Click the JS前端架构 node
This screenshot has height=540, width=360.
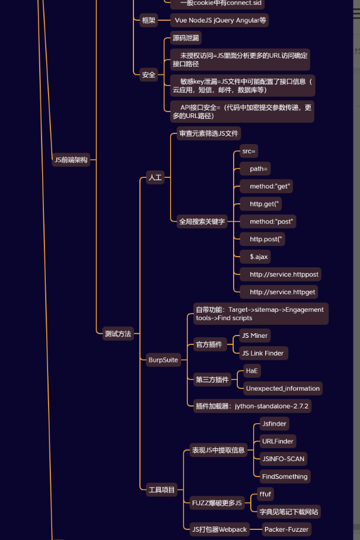pos(71,159)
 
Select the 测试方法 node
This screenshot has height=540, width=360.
pos(117,334)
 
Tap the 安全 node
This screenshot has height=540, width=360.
pos(148,75)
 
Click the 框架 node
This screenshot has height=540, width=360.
pos(148,20)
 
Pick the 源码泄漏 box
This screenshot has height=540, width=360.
pos(186,39)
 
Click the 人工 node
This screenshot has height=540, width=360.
pos(154,177)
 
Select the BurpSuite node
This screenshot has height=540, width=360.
pos(163,360)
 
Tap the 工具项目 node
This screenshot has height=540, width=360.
pos(161,490)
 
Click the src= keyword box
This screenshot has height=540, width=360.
pos(249,151)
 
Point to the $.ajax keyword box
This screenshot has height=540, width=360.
pos(259,257)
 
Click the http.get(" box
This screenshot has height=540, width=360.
pos(265,204)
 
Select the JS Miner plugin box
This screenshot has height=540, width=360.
pos(255,335)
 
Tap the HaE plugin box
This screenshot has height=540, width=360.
pos(252,370)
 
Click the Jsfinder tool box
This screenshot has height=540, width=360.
pos(275,423)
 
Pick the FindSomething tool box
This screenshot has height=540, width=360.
pos(285,477)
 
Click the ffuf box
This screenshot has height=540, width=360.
pos(265,494)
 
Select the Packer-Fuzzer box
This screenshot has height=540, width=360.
pos(286,529)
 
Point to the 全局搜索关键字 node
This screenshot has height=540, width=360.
pos(202,222)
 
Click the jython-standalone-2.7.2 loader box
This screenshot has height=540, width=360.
pos(253,406)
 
